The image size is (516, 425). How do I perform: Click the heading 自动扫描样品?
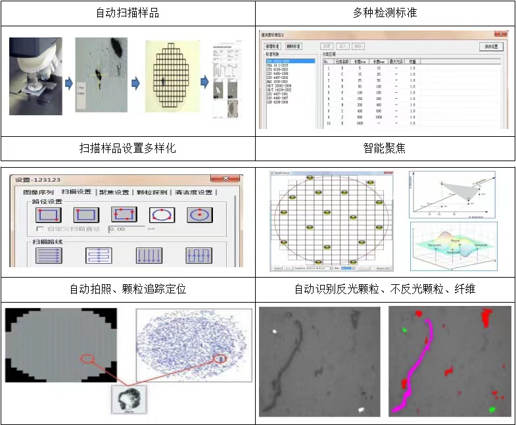[128, 13]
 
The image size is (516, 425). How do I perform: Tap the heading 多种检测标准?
[385, 13]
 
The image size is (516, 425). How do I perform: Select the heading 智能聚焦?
[385, 148]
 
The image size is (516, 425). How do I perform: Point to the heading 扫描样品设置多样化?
[128, 148]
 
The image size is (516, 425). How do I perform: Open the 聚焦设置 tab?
[114, 192]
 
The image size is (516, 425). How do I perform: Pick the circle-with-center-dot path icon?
[198, 214]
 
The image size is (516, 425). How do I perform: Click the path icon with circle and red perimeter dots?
[161, 214]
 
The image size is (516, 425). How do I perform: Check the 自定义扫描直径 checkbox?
[41, 229]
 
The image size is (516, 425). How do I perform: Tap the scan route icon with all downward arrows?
[149, 255]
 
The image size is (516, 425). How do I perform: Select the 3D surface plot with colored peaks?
[453, 245]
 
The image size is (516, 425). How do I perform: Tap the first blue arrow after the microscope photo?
[68, 84]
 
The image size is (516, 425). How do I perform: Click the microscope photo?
[35, 76]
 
